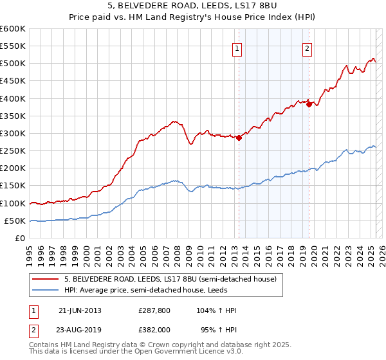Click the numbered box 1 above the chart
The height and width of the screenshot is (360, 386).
(237, 48)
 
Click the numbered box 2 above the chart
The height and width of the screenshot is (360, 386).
(308, 48)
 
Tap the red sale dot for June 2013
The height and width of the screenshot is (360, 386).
(239, 137)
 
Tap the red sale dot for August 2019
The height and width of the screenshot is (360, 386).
(309, 104)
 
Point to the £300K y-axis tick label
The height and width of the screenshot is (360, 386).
(13, 133)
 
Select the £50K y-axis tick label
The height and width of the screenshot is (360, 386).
(15, 221)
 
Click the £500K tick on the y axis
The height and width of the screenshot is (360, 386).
(13, 63)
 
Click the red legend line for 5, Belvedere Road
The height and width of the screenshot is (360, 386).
(46, 279)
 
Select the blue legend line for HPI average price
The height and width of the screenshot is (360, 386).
(46, 290)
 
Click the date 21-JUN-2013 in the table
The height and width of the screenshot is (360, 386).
(79, 310)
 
